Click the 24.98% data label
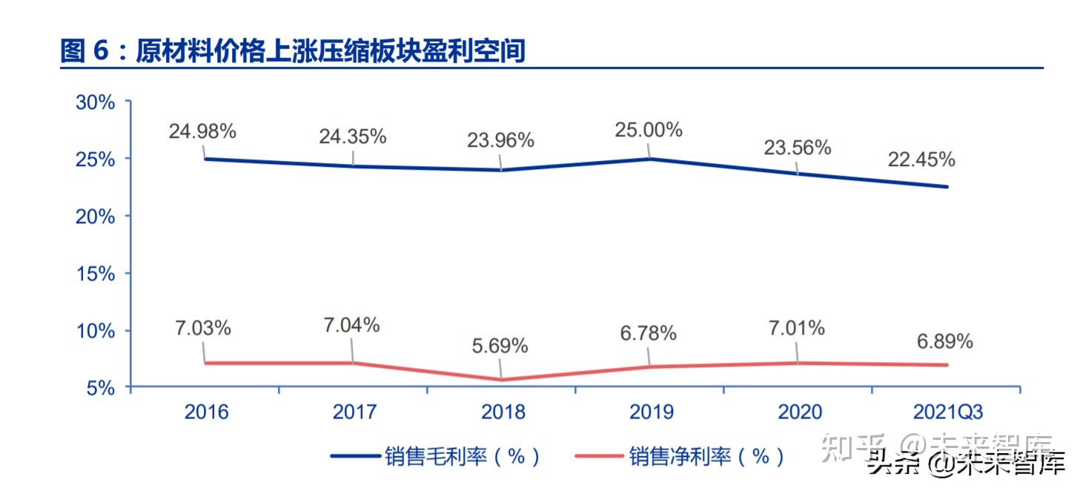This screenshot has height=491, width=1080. [202, 132]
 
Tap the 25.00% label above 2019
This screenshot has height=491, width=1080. [648, 130]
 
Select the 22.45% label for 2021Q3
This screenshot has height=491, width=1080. [921, 159]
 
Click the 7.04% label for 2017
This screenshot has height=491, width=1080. [351, 325]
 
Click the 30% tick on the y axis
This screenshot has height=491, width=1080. [95, 102]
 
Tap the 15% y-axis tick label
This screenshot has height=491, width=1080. [95, 274]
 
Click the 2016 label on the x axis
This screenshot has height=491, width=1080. [206, 412]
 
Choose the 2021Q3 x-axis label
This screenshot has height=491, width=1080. [947, 412]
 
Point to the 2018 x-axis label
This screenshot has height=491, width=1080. [503, 412]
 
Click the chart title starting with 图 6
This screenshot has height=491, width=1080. [293, 51]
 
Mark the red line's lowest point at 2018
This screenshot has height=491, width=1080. [502, 380]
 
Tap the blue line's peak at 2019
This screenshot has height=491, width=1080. [650, 159]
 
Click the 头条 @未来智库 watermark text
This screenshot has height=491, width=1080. [967, 464]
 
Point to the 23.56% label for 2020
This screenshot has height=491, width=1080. [797, 148]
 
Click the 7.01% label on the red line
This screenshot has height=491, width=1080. [796, 328]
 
